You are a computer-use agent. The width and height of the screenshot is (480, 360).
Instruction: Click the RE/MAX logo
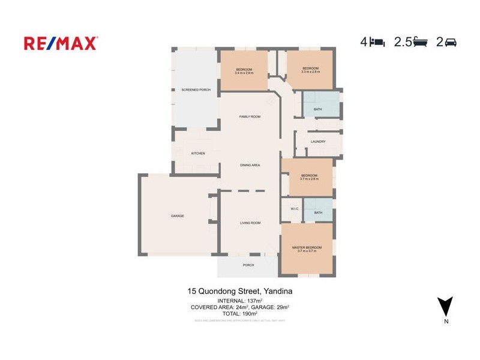pyautogui.click(x=61, y=43)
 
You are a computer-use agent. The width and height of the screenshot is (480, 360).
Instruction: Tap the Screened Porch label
pyautogui.click(x=196, y=90)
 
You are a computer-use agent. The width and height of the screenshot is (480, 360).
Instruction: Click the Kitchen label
pyautogui.click(x=198, y=154)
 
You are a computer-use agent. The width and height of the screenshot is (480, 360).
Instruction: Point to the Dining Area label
pyautogui.click(x=250, y=165)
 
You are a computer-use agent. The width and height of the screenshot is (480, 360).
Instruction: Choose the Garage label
pyautogui.click(x=177, y=216)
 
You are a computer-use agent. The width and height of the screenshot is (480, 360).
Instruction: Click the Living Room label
pyautogui.click(x=250, y=223)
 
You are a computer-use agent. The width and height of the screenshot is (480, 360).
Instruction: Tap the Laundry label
pyautogui.click(x=318, y=142)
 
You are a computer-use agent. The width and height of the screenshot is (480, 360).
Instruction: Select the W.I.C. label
pyautogui.click(x=295, y=209)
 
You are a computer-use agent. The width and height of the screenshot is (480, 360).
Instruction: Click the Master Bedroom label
pyautogui.click(x=307, y=248)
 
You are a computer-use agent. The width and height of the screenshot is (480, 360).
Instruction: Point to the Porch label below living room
pyautogui.click(x=248, y=265)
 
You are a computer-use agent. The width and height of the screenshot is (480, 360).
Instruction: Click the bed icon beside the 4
pyautogui.click(x=377, y=42)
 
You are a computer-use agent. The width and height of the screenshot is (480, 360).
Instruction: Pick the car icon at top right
pyautogui.click(x=451, y=42)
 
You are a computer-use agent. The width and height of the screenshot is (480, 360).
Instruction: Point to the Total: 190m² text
pyautogui.click(x=240, y=313)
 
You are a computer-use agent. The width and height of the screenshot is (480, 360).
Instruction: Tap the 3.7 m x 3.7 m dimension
pyautogui.click(x=307, y=251)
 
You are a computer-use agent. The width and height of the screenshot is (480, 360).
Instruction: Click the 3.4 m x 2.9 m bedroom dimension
pyautogui.click(x=244, y=73)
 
